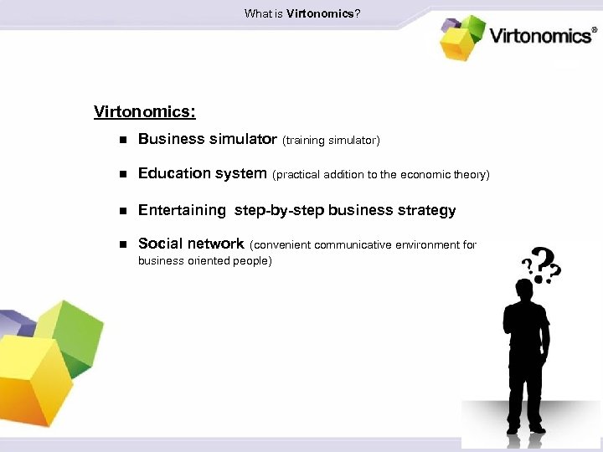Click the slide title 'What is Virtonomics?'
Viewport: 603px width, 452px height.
[302, 13]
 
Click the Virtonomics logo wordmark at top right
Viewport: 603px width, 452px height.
[543, 35]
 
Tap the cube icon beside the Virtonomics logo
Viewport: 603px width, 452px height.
[462, 37]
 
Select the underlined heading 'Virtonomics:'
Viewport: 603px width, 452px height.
[145, 111]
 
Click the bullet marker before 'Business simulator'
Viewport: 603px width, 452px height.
[121, 141]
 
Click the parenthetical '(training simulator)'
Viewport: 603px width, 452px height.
[331, 141]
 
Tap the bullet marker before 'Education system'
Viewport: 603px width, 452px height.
[121, 175]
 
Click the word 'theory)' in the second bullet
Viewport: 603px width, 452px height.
[471, 175]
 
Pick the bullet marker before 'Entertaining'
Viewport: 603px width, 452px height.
[121, 211]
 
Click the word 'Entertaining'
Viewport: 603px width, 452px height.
[182, 210]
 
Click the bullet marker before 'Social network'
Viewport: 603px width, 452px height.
[121, 245]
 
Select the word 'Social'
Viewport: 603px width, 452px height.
[161, 244]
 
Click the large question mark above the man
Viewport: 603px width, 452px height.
[545, 265]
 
